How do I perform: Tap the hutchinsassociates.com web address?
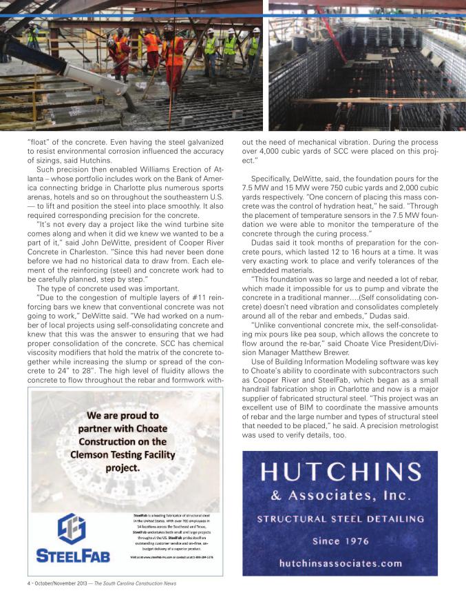340,563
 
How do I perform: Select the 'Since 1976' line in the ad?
340,542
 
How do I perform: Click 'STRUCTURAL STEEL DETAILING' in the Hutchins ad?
340,519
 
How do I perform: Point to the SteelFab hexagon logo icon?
72,530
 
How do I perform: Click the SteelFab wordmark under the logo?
72,556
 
